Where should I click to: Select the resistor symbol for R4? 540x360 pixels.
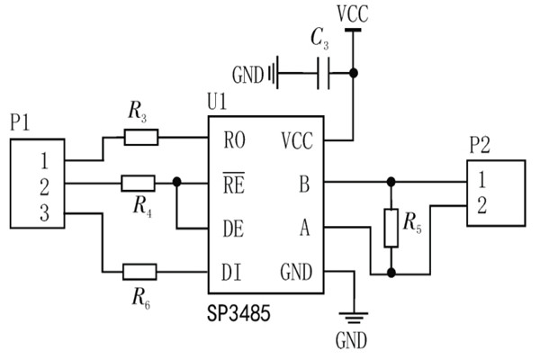[x=139, y=184]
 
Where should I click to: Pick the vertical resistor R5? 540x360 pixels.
[x=391, y=227]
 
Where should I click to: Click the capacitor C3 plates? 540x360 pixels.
[x=325, y=72]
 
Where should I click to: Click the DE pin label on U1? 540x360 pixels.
[x=233, y=229]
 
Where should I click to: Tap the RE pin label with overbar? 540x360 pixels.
[x=233, y=184]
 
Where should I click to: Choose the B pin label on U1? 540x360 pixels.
[x=303, y=184]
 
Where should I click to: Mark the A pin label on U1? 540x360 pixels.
[x=303, y=229]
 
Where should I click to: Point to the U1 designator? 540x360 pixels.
[x=217, y=103]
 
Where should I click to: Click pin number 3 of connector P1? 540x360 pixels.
[x=41, y=212]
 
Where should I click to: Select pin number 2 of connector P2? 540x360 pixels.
[x=482, y=206]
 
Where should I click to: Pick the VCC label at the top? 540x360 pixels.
[x=351, y=14]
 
